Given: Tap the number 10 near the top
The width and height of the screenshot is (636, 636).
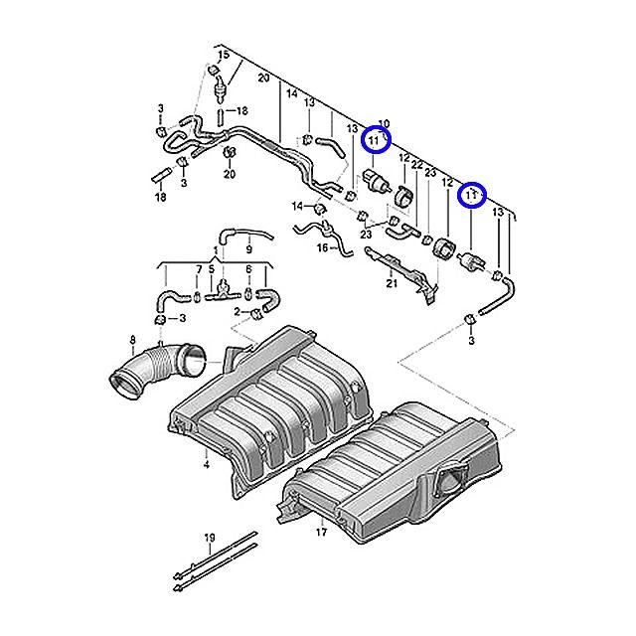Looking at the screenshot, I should [x=385, y=123].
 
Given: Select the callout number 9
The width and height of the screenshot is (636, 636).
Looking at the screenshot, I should [x=248, y=248].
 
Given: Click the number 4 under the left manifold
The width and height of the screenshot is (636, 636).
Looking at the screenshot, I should [x=206, y=464].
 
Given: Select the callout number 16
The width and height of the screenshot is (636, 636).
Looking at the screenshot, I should [x=321, y=248].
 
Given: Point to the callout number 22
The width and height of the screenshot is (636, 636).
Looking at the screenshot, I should [x=416, y=164].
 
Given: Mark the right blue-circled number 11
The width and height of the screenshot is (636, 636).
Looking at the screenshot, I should [x=470, y=196].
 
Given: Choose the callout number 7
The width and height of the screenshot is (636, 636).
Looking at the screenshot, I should [x=198, y=269].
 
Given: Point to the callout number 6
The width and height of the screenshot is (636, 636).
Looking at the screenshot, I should [x=246, y=269].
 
